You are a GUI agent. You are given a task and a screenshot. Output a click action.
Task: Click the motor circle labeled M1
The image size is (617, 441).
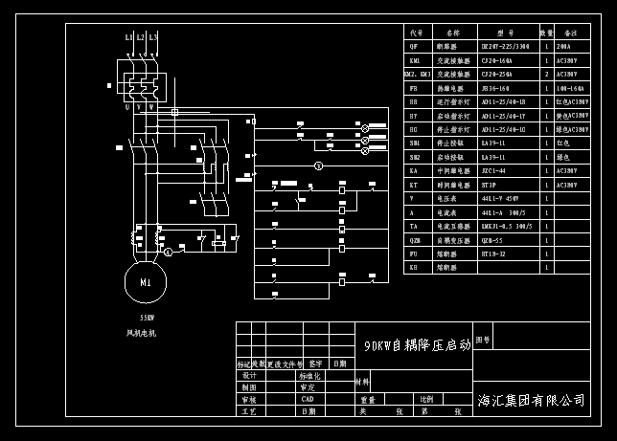point(146,283)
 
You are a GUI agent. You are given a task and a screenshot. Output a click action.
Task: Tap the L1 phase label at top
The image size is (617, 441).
point(129,37)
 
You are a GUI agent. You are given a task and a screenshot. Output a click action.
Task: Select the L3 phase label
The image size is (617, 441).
point(153,37)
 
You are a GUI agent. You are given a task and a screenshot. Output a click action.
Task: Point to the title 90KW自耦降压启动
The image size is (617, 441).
point(418,345)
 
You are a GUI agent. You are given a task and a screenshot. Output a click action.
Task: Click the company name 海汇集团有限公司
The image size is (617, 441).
point(531,400)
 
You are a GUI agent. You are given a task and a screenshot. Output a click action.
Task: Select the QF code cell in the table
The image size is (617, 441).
point(414,46)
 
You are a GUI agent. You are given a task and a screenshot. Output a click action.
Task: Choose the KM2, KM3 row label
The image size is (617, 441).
point(417,74)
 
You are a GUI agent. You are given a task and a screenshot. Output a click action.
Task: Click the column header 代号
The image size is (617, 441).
point(416,33)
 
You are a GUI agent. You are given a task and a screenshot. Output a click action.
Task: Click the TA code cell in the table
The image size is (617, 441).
point(414,227)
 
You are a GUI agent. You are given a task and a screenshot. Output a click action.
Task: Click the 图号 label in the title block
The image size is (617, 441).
point(483,340)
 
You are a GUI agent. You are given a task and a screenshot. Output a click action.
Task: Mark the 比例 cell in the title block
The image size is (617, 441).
point(425,399)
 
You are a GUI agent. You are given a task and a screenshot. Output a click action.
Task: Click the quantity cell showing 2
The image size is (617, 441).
point(546,74)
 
